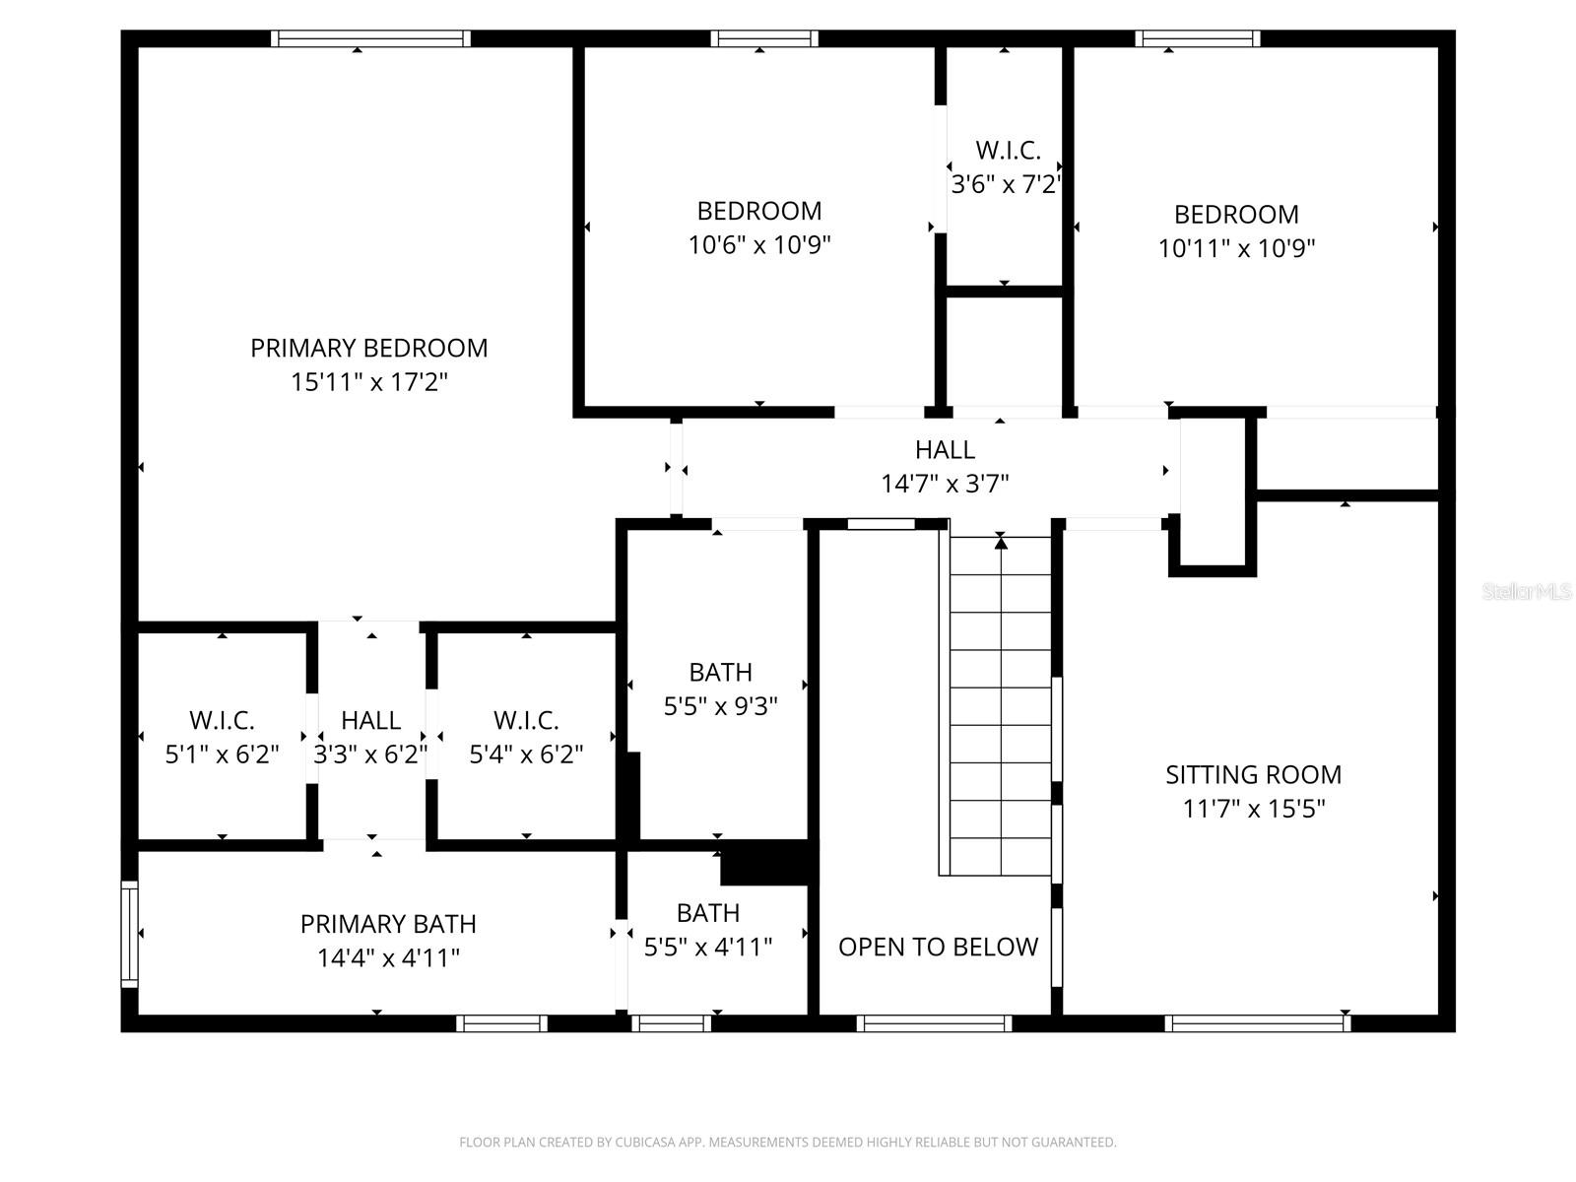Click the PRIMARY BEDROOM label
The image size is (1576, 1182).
point(368,348)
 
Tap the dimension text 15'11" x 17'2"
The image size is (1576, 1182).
point(368,382)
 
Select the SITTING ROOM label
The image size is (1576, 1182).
point(1253,774)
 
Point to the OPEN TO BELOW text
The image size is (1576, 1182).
point(938,947)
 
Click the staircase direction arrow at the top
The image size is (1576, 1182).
point(1001,541)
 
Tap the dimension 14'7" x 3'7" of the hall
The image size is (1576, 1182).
point(945,484)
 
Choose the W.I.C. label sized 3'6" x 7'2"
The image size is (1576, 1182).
point(1008,151)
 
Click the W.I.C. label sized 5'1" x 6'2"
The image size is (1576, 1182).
point(222,720)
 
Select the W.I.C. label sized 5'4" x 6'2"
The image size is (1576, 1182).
point(526,720)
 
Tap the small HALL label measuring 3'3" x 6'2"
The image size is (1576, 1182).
point(370,720)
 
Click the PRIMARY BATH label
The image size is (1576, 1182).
point(388,924)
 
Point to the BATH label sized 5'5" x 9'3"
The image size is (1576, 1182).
point(720,673)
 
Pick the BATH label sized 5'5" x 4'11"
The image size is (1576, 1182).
point(707,913)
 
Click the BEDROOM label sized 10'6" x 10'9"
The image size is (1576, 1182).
point(758,211)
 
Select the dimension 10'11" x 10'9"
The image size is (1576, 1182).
point(1236,248)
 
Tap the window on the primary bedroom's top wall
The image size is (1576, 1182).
point(370,38)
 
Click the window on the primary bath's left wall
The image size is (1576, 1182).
point(129,933)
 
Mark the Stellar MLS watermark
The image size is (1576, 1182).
point(1526,592)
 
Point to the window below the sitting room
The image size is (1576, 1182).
point(1257,1023)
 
